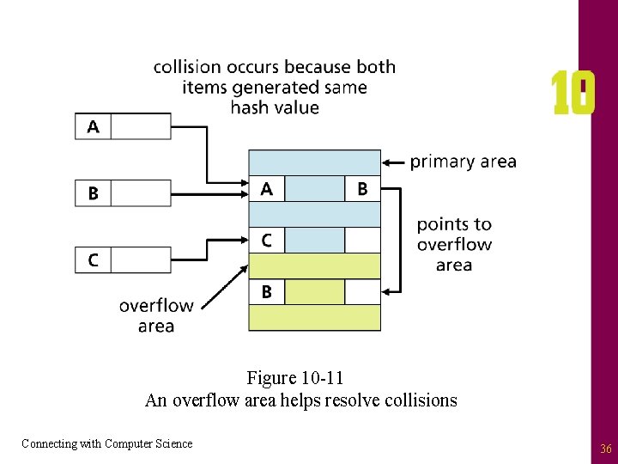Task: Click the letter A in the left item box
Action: tap(93, 127)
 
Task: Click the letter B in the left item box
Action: tap(93, 193)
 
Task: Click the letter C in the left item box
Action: tap(93, 259)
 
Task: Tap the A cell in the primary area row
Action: tap(266, 189)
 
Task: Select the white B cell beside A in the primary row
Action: tap(362, 189)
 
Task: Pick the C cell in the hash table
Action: tap(266, 241)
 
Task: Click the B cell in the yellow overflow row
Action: tap(266, 292)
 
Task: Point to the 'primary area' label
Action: tap(463, 162)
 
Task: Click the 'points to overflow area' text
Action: tap(454, 244)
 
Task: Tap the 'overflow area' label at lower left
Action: tap(155, 315)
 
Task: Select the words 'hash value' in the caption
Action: tap(275, 107)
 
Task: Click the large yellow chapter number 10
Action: tap(573, 95)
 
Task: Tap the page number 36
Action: tap(605, 449)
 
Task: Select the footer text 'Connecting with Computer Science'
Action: tap(107, 443)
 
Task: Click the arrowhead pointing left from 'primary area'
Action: tap(387, 162)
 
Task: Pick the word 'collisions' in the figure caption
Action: tap(420, 400)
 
